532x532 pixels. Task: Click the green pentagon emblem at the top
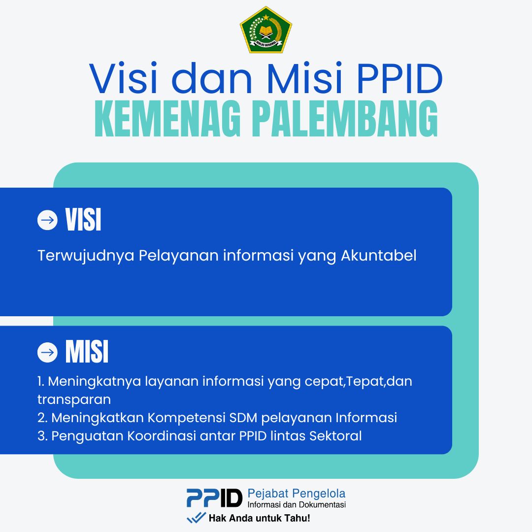pos(266,30)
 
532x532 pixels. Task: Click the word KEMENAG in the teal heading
pos(168,119)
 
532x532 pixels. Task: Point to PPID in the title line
pos(399,78)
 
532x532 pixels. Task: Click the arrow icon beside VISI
pos(47,220)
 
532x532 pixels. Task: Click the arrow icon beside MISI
pos(47,353)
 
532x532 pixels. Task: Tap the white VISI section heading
pos(83,220)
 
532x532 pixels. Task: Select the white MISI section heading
pos(87,352)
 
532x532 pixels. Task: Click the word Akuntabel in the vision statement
pos(379,256)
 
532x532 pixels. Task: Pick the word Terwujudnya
pos(86,256)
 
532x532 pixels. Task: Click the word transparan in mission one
pos(74,399)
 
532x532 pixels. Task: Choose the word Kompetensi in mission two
pos(186,418)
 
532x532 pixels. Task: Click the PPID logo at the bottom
pos(214,498)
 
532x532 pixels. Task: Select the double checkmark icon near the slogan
pos(196,517)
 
